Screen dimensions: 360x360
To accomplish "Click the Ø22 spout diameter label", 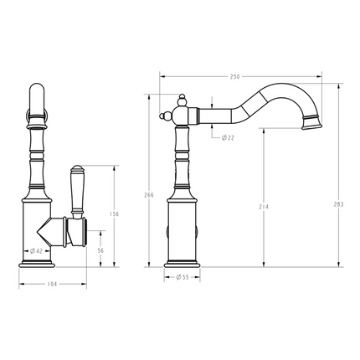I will pos(227,136).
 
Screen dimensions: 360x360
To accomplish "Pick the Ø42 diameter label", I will pos(38,249).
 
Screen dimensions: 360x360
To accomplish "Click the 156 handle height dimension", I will pos(114,213).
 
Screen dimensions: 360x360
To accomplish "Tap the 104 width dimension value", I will pos(51,285).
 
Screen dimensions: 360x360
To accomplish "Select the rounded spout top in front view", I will pos(37,100).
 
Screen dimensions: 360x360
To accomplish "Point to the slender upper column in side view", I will pos(182,159).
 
